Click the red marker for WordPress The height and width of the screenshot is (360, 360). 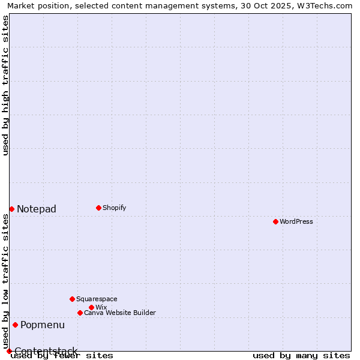pyautogui.click(x=275, y=221)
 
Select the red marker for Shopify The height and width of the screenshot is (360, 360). pyautogui.click(x=98, y=208)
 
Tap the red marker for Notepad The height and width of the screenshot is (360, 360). pyautogui.click(x=11, y=209)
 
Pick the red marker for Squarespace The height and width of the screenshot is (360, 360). pyautogui.click(x=72, y=299)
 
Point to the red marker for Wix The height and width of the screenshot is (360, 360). pyautogui.click(x=91, y=307)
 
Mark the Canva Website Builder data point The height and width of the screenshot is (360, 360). pyautogui.click(x=80, y=313)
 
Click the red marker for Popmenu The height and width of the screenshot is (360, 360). pyautogui.click(x=15, y=325)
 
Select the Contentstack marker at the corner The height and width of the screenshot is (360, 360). pyautogui.click(x=9, y=351)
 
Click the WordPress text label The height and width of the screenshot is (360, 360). pyautogui.click(x=296, y=221)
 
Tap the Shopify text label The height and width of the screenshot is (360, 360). pyautogui.click(x=115, y=208)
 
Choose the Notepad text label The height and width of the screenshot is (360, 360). pyautogui.click(x=37, y=209)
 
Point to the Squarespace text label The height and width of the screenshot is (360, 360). pyautogui.click(x=97, y=299)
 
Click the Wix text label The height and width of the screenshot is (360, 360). pyautogui.click(x=101, y=307)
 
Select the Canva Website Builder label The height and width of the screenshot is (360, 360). pyautogui.click(x=120, y=313)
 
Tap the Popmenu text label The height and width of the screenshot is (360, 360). pyautogui.click(x=43, y=325)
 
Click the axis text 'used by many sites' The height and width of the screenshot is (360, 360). pyautogui.click(x=301, y=355)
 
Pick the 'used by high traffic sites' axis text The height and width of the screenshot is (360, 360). pyautogui.click(x=6, y=85)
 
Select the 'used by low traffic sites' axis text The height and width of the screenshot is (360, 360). pyautogui.click(x=6, y=281)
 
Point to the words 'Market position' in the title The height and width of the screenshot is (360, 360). pyautogui.click(x=35, y=5)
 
